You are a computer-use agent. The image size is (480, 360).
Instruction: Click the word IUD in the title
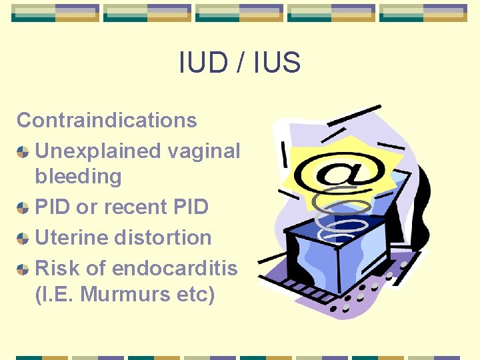tap(199, 63)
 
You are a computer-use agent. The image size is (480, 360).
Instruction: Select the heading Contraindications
tap(107, 121)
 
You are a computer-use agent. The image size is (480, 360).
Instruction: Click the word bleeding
tap(78, 177)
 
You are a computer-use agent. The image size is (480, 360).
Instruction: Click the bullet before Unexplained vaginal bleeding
tap(23, 152)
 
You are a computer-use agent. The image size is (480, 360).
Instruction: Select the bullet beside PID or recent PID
tap(23, 208)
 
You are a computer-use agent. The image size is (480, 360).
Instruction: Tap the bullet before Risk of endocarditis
tap(23, 269)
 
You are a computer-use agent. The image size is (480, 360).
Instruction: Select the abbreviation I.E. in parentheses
tap(57, 294)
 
